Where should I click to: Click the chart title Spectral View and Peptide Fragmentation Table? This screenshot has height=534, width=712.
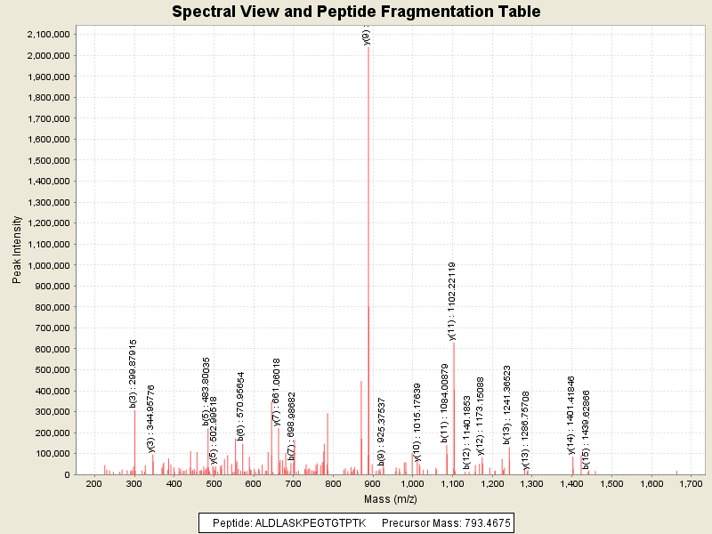[356, 12]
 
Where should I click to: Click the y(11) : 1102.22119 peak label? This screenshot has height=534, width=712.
[453, 301]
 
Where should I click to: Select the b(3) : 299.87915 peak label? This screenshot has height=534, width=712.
[133, 373]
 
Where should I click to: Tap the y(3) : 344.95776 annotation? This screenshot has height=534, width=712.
[151, 418]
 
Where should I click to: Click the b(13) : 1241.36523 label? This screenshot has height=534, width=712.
[507, 404]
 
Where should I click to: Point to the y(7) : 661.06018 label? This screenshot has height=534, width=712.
[277, 391]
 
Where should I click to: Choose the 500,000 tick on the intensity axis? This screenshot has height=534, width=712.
[49, 370]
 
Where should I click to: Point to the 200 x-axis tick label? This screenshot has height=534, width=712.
[93, 484]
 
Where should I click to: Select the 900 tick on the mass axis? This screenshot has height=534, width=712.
[372, 484]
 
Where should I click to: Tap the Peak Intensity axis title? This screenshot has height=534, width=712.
[17, 251]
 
